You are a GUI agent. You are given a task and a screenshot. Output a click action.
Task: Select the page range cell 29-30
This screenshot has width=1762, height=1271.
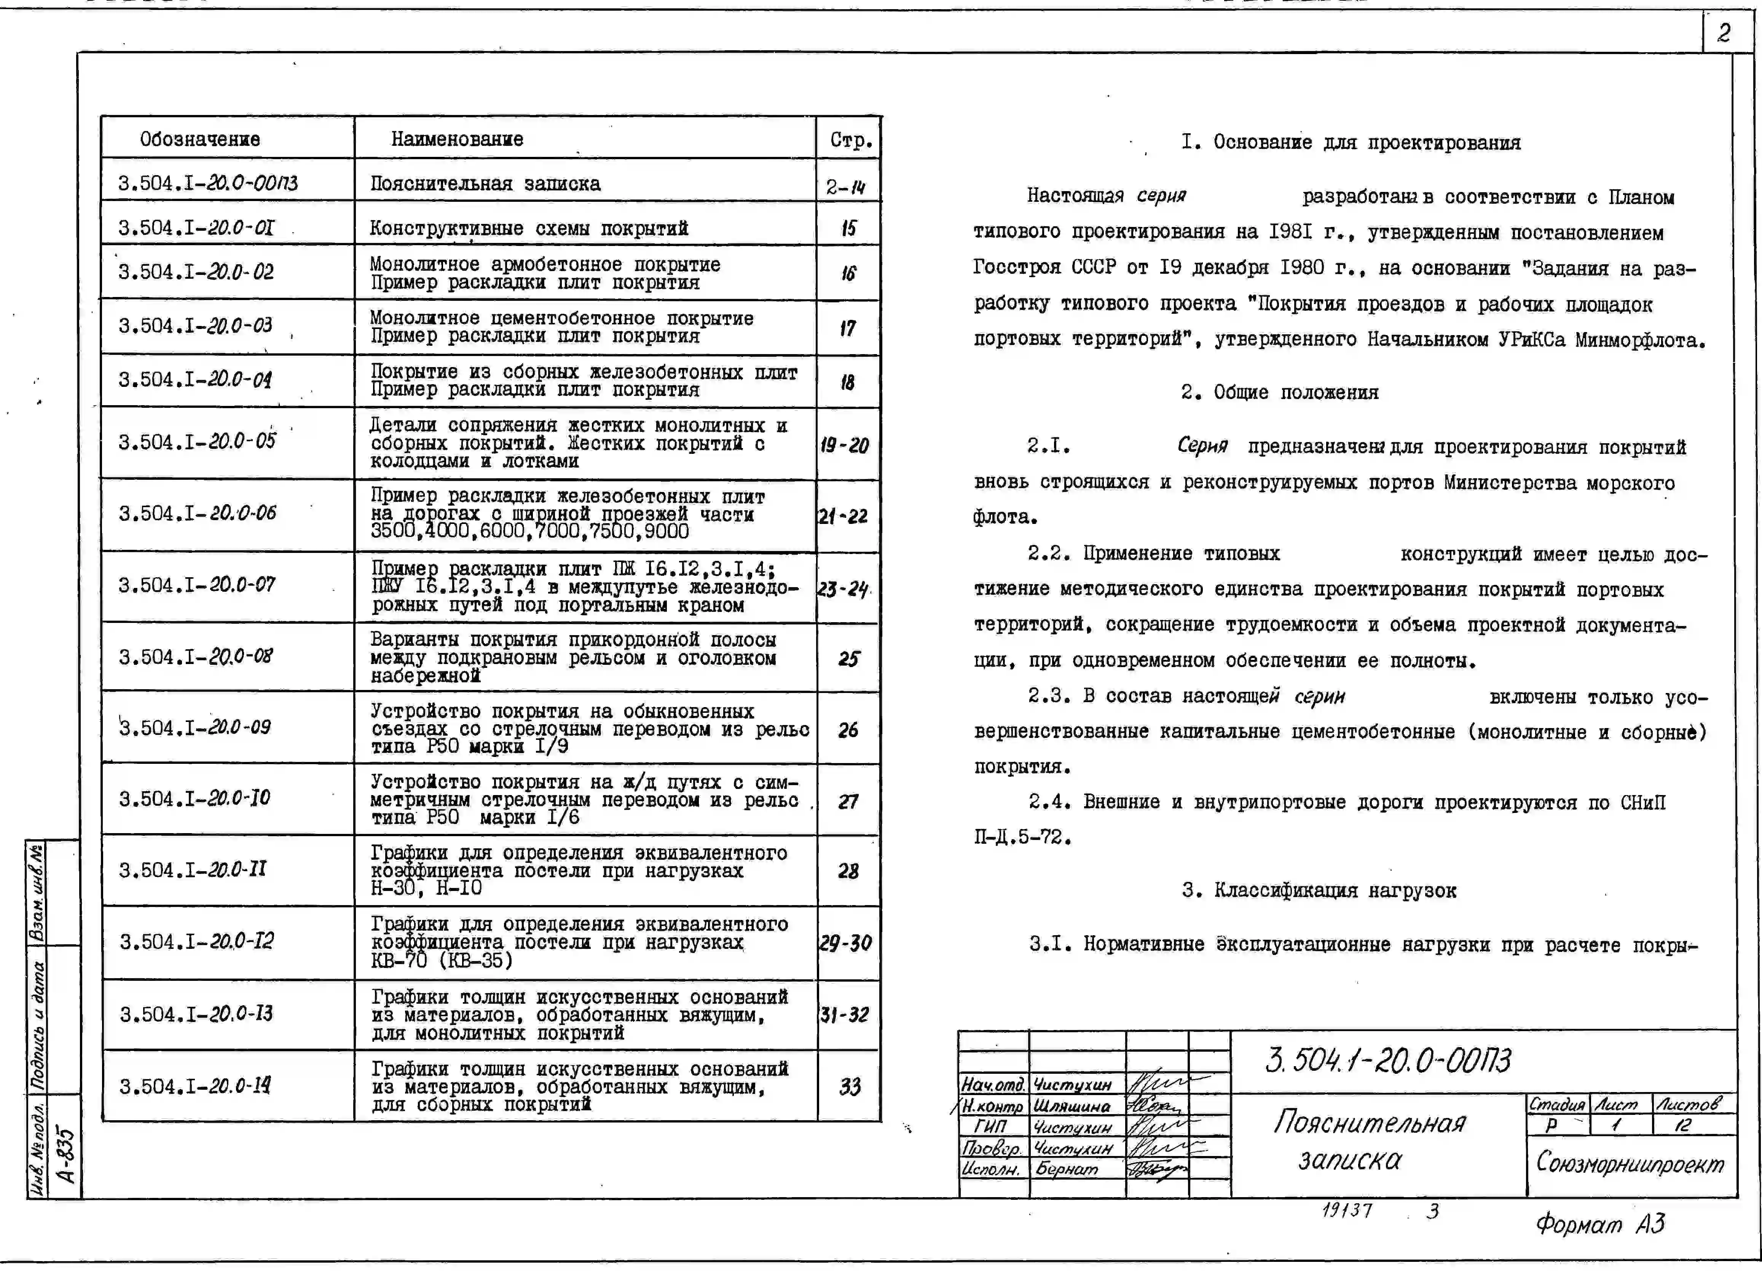846,943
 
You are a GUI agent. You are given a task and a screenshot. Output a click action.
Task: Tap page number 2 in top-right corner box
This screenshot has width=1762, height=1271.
1723,33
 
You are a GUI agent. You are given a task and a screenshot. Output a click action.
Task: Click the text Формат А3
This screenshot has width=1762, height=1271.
1600,1225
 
